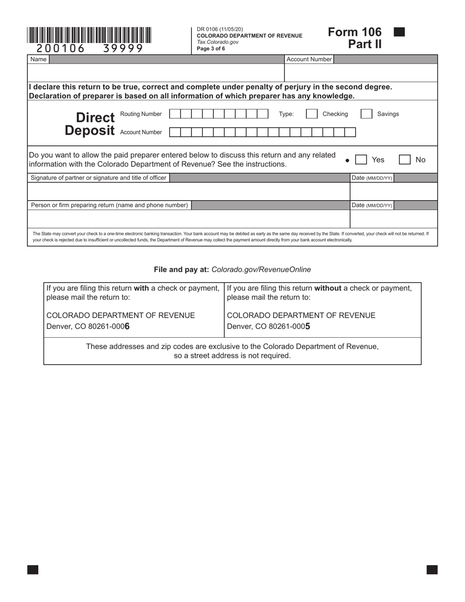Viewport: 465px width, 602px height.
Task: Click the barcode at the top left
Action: [89, 35]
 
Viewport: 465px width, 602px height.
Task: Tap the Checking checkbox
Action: [311, 114]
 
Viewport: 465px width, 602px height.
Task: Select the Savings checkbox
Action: [366, 114]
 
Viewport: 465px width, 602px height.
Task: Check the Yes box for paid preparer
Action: [361, 160]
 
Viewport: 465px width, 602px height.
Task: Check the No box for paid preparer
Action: [404, 160]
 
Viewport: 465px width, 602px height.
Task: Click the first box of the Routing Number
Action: [175, 114]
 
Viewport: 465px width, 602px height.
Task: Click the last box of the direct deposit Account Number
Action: [350, 132]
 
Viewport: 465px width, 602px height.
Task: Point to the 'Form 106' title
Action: [354, 32]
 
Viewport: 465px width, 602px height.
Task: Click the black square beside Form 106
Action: [399, 32]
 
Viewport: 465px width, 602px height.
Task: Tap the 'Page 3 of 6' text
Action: [211, 48]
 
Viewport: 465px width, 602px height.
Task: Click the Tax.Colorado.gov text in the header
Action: [217, 42]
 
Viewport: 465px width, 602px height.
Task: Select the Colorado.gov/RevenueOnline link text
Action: [261, 270]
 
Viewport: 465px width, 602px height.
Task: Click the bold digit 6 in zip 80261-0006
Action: [127, 326]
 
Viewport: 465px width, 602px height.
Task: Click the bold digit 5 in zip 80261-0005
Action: [308, 326]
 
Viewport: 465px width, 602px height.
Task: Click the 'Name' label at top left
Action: [38, 59]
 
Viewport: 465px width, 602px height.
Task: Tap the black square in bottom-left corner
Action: [33, 569]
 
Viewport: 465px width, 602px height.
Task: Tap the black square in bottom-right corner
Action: [432, 569]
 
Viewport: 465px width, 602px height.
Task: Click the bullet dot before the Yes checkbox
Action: [347, 160]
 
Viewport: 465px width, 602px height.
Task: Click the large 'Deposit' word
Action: [90, 131]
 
